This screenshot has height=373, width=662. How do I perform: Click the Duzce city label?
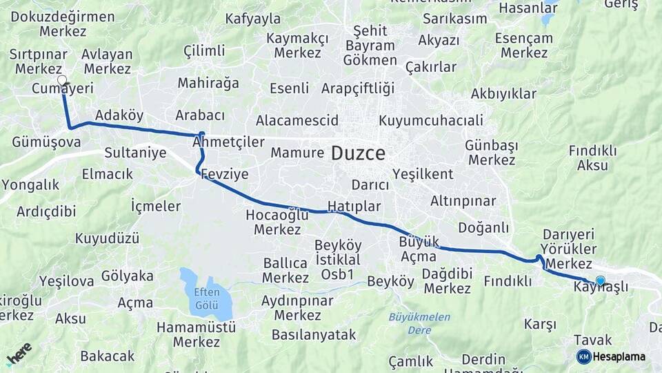pos(358,153)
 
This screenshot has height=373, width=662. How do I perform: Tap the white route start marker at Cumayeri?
pos(62,80)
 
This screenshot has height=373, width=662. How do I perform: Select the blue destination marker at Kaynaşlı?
pos(600,280)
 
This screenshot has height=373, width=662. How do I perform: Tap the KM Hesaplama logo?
pos(611,356)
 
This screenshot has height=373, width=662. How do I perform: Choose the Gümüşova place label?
pos(46,142)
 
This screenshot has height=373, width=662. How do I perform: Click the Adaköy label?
pos(119,115)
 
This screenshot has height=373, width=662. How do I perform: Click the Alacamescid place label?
pos(297,120)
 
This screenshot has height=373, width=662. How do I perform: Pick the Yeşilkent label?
pos(422,173)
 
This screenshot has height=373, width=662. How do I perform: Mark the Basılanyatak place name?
pos(314,335)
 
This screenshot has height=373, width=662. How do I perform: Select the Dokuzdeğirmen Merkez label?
pos(63,23)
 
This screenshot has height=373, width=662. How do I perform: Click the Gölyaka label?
pos(127,276)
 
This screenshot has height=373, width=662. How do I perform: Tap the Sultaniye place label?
pos(135,153)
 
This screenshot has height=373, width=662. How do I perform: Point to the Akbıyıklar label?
pos(503,93)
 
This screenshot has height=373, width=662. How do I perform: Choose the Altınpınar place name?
pos(463,201)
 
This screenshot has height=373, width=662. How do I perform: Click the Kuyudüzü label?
pos(107,238)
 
